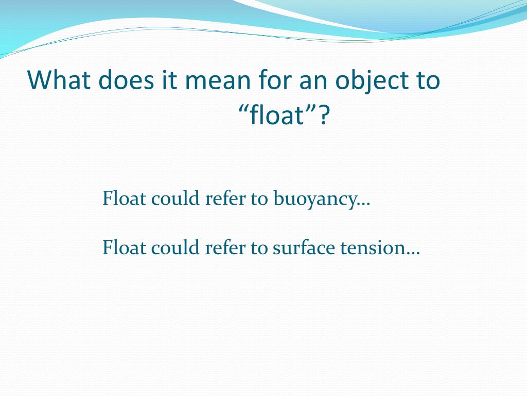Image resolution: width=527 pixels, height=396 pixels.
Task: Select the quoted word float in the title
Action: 278,116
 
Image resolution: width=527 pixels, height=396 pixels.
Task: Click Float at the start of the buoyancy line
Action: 124,198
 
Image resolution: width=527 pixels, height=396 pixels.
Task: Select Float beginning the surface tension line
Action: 124,249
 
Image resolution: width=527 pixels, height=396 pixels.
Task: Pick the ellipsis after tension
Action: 413,253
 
